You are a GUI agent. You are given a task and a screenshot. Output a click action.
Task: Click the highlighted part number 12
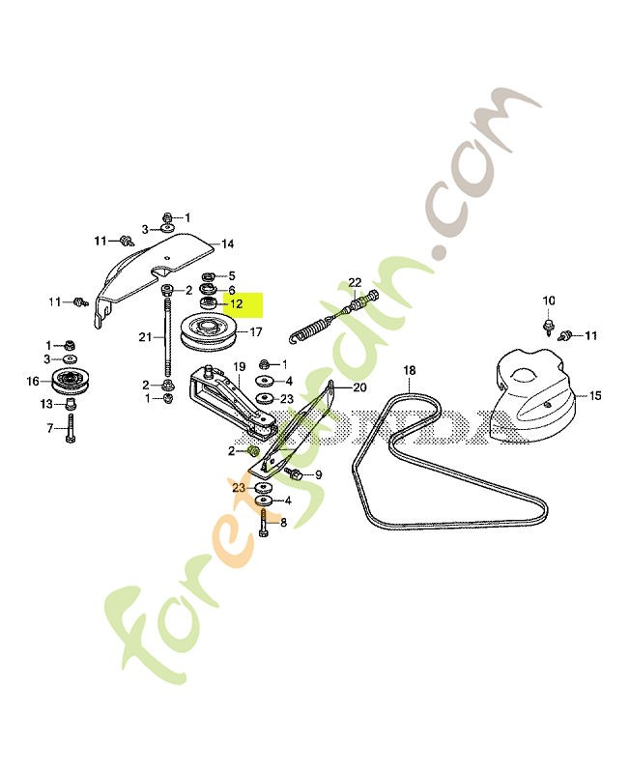237,303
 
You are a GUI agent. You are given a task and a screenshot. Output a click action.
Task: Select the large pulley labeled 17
209,331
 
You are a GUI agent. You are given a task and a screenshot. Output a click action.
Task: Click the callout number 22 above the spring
355,283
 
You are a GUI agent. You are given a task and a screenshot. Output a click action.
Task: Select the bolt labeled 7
71,429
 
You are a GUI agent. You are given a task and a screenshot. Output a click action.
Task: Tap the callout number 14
228,244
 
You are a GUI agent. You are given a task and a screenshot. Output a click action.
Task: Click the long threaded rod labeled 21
167,338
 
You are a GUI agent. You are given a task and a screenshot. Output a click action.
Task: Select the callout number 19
240,367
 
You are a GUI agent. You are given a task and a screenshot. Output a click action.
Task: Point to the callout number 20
360,387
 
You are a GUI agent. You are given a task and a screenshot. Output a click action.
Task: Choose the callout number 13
46,404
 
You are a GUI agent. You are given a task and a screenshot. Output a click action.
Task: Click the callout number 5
232,276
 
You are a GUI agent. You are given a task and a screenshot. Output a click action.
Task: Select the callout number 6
232,291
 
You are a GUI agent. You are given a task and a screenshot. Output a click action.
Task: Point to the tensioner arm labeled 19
232,402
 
